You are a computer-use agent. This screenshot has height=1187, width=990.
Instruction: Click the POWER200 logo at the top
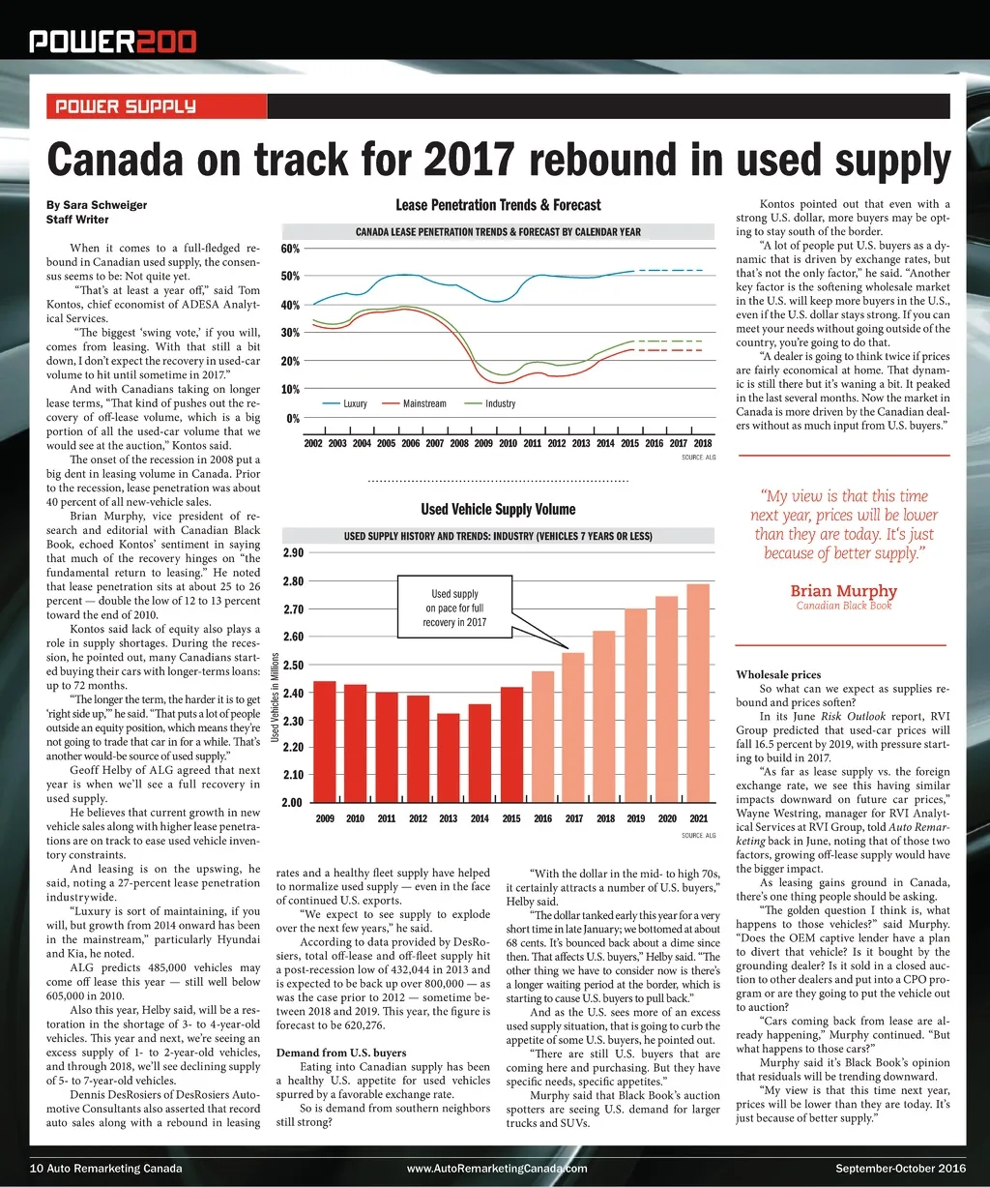click(112, 41)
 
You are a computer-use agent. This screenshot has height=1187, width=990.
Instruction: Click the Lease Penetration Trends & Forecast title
click(498, 205)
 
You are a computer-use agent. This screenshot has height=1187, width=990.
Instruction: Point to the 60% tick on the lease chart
click(291, 250)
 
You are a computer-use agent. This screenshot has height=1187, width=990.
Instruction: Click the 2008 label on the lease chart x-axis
click(458, 443)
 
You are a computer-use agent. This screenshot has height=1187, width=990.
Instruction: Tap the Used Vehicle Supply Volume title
click(498, 510)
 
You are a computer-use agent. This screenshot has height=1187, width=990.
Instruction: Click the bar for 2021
click(698, 693)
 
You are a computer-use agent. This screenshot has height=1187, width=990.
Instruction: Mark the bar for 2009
click(325, 741)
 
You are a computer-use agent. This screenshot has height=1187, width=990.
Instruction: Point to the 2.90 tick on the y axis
click(293, 553)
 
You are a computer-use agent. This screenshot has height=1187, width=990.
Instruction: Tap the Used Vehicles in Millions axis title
click(276, 698)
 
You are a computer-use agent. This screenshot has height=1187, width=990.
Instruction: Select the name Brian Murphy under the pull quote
click(843, 591)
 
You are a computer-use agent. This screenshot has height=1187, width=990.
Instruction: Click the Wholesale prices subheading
click(778, 674)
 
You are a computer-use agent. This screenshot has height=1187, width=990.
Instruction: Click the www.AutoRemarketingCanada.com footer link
click(497, 1169)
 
